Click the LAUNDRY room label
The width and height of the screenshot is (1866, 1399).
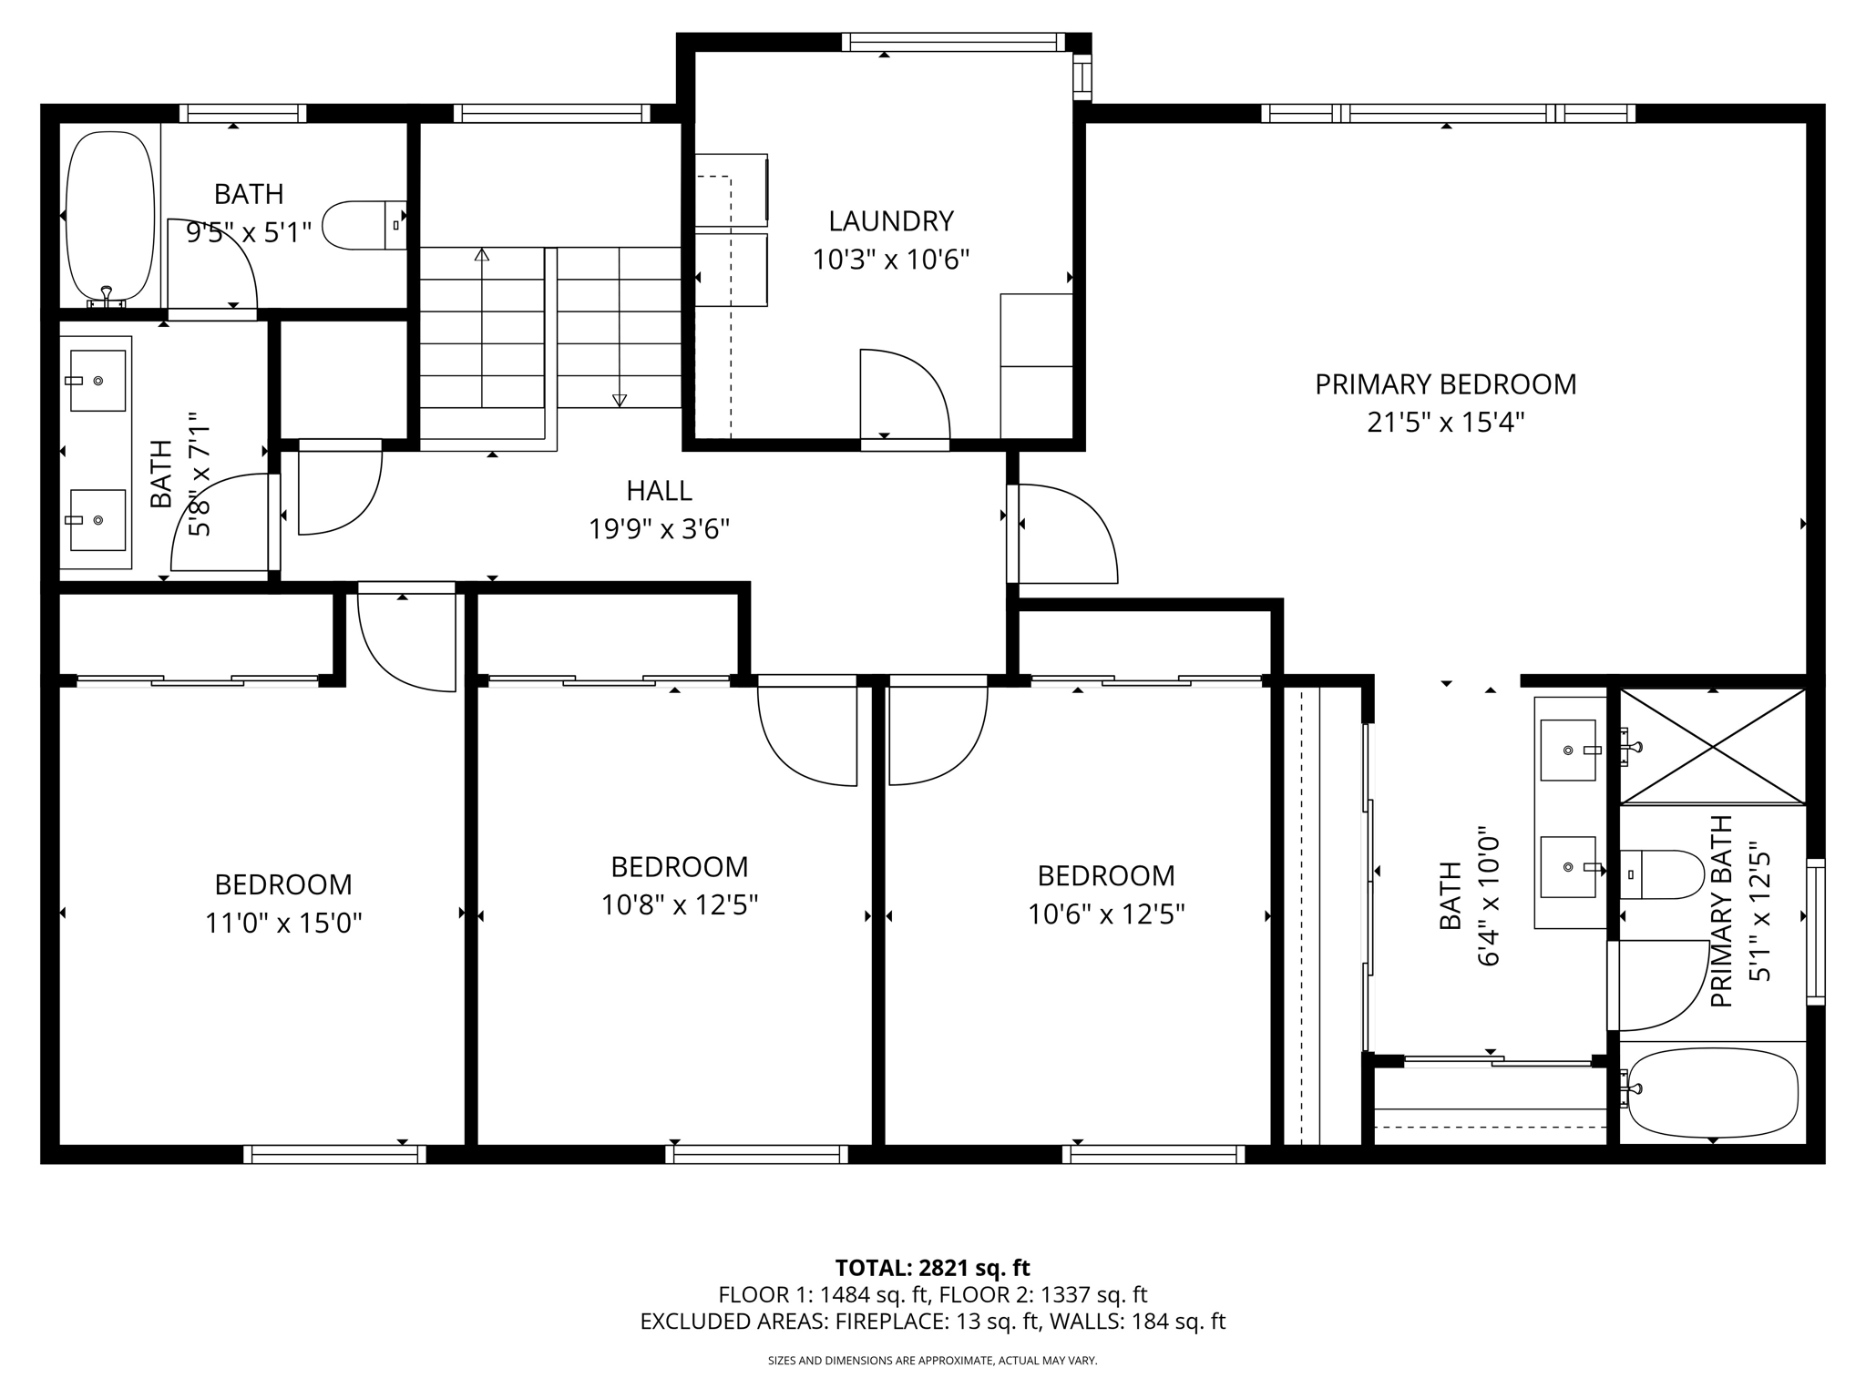pyautogui.click(x=890, y=221)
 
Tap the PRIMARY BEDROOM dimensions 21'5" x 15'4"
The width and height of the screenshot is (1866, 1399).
pyautogui.click(x=1445, y=423)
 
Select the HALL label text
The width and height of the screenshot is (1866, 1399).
pyautogui.click(x=659, y=491)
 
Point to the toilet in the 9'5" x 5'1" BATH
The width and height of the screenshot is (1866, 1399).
pyautogui.click(x=363, y=225)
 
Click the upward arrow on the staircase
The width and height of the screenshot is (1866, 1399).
pyautogui.click(x=482, y=255)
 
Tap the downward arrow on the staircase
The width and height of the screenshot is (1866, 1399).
pyautogui.click(x=620, y=399)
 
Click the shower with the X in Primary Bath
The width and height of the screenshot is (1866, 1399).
pyautogui.click(x=1713, y=747)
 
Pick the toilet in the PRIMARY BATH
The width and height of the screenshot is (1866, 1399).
pyautogui.click(x=1664, y=874)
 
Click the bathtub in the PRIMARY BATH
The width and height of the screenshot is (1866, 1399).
pyautogui.click(x=1713, y=1092)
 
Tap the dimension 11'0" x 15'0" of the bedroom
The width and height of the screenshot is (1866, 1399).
pyautogui.click(x=283, y=924)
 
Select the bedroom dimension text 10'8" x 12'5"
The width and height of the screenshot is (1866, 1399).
pyautogui.click(x=680, y=905)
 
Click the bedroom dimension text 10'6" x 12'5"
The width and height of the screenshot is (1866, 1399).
pyautogui.click(x=1106, y=914)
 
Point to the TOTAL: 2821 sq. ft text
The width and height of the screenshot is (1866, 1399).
pyautogui.click(x=932, y=1268)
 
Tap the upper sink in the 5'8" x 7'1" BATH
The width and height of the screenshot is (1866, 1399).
pyautogui.click(x=97, y=381)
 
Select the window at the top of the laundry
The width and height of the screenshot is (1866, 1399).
pyautogui.click(x=953, y=42)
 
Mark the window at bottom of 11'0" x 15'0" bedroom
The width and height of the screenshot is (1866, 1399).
pyautogui.click(x=334, y=1154)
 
